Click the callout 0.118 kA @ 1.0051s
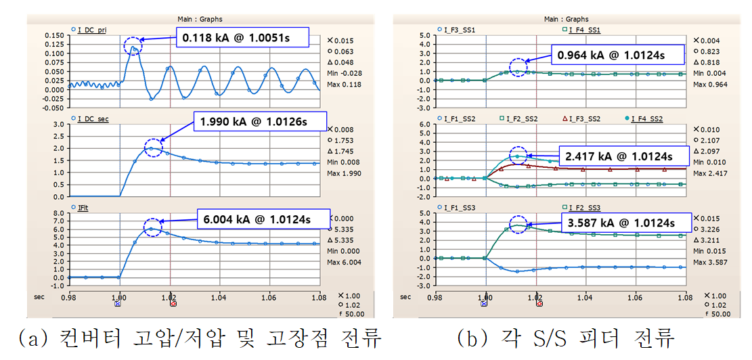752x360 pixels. [x=243, y=39]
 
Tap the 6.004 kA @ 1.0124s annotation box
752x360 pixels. [x=264, y=219]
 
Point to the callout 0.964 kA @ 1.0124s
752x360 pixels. [x=619, y=55]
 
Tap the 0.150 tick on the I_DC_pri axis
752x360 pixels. [x=54, y=35]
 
